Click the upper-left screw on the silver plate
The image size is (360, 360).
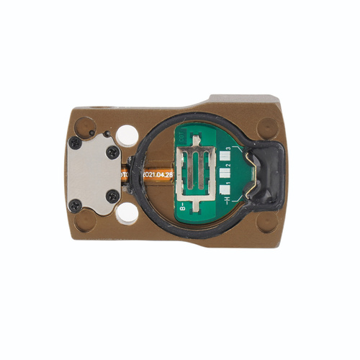click(x=75, y=144)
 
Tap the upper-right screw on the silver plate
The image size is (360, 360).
click(x=113, y=152)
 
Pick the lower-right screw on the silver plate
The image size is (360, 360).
click(x=112, y=196)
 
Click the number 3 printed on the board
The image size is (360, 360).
click(x=228, y=149)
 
